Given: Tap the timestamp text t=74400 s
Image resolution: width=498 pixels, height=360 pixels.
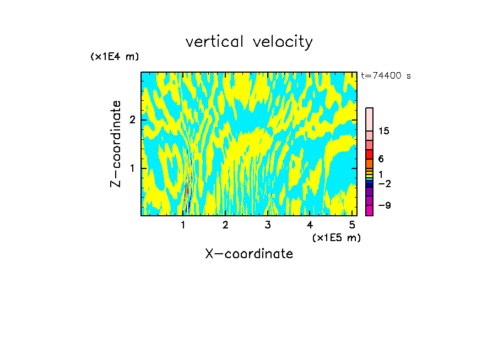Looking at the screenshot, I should coord(386,76).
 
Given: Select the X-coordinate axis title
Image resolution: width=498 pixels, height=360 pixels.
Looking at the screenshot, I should coord(249,254).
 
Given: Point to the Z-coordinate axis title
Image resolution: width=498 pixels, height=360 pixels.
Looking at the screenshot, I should coord(116,144).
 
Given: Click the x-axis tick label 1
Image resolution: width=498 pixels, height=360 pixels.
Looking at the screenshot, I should coord(183,225).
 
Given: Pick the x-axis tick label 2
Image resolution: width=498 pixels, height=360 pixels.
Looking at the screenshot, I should coord(225,225).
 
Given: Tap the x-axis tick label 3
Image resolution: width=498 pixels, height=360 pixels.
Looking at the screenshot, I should coord(268,225).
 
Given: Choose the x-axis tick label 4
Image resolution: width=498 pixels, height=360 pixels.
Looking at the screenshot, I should coord(310,225).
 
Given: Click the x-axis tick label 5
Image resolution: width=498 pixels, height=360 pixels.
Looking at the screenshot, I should coord(352,225).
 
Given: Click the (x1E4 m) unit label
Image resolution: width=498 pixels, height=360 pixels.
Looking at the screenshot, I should coord(115,57).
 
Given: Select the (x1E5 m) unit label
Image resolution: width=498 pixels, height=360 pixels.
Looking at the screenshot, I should coord(336,237).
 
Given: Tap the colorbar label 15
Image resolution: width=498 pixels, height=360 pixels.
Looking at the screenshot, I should coord(384,131).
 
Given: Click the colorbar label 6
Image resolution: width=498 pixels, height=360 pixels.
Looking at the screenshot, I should coord(381,159).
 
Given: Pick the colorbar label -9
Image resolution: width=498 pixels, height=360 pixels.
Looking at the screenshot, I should coord(384,205).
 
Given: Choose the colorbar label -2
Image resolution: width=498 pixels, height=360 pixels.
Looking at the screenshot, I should coord(384,183).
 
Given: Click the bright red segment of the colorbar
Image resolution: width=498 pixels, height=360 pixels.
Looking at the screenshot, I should coord(369,154).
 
